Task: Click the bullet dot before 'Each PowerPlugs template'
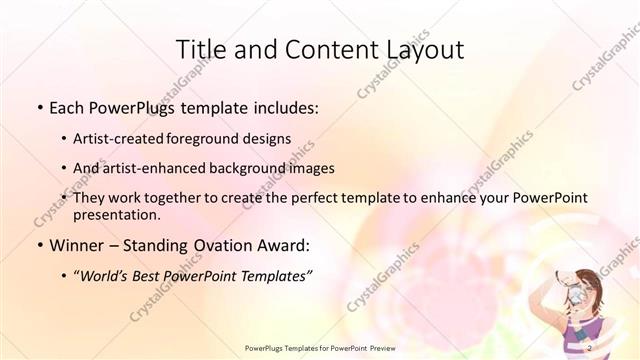pyautogui.click(x=39, y=106)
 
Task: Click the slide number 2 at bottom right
pyautogui.click(x=590, y=348)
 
